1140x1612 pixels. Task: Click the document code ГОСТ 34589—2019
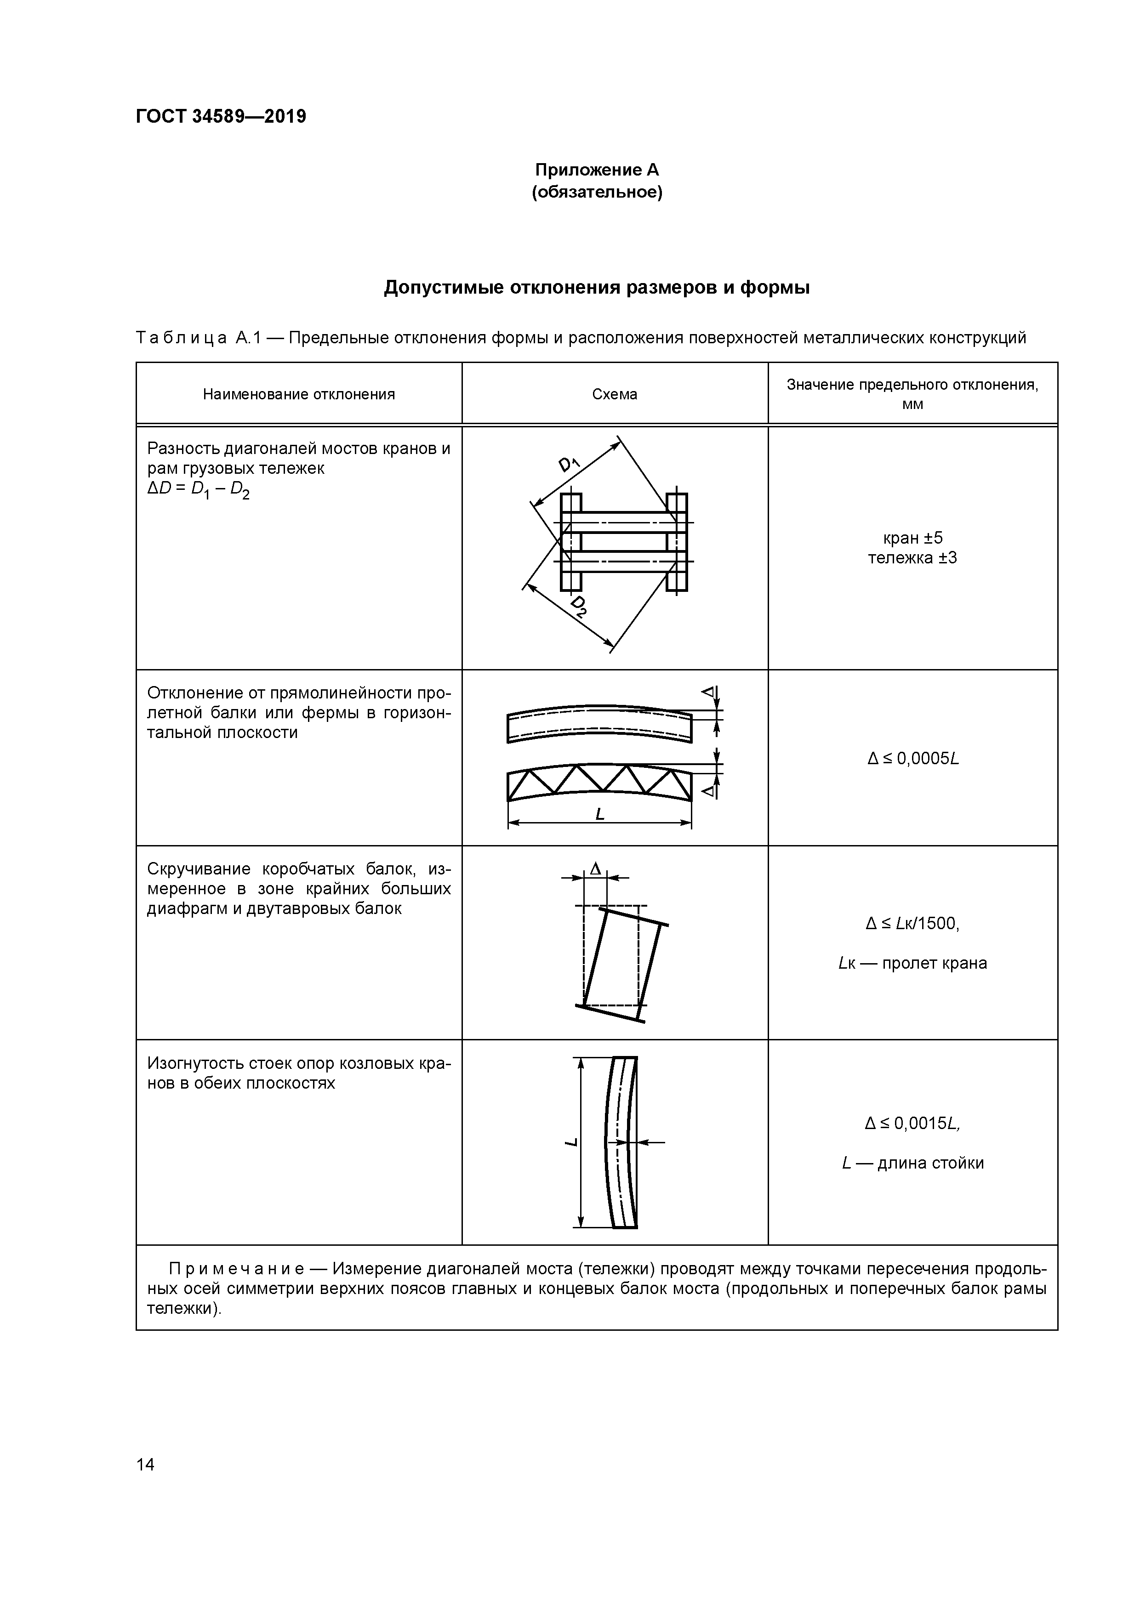[x=221, y=117]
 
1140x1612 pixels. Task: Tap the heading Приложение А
[x=596, y=170]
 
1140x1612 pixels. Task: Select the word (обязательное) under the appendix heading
[x=596, y=192]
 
